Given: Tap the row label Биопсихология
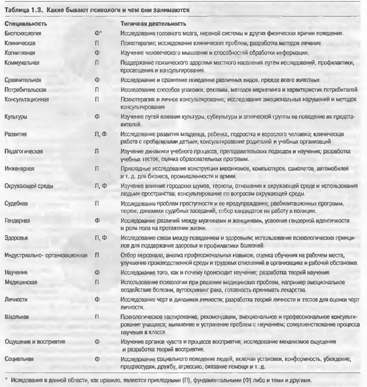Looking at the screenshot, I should point(23,33).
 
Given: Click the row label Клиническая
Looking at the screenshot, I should point(20,43).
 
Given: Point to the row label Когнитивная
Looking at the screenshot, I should point(20,53).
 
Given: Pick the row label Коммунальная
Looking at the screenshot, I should point(22,63).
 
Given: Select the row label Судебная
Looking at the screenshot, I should point(16,204).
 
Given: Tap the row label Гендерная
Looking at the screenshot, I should point(17,221).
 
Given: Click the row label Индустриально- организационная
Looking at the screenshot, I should point(46,255).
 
